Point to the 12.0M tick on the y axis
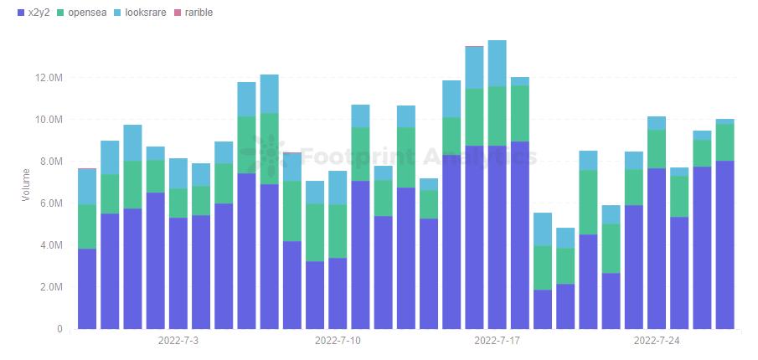point(49,78)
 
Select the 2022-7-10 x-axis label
point(338,342)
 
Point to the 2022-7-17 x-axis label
point(498,342)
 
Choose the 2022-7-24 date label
point(657,342)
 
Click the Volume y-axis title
point(25,184)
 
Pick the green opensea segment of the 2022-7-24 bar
point(657,148)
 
